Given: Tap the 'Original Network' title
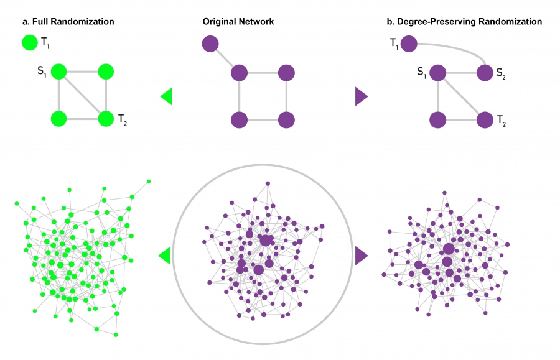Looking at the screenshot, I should point(238,22).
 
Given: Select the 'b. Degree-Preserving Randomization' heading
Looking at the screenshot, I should point(464,22).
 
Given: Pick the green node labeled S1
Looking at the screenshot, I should point(58,72).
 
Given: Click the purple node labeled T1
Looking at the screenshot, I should point(409,44).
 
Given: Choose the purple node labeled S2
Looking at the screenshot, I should point(485,72).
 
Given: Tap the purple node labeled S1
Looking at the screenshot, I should point(437,72).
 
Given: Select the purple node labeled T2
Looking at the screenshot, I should point(485,119).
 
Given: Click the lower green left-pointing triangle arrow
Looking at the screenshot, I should point(166,255).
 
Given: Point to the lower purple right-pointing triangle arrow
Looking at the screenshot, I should point(361,255).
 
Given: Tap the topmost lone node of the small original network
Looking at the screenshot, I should point(210,44).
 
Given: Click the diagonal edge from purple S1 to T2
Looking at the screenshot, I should point(461,95).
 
